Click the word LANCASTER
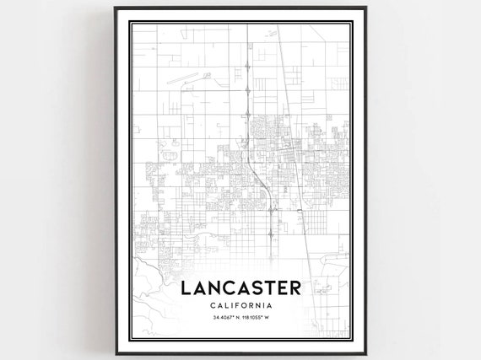pyautogui.click(x=240, y=288)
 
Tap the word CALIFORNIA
pyautogui.click(x=240, y=305)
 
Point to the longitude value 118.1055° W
pyautogui.click(x=260, y=318)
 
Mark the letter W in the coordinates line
pyautogui.click(x=277, y=318)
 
